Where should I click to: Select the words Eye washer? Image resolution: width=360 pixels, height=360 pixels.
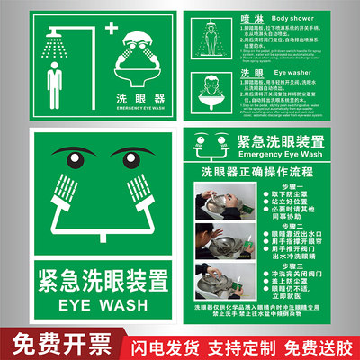260,72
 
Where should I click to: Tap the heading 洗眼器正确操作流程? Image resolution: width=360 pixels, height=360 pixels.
265,171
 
